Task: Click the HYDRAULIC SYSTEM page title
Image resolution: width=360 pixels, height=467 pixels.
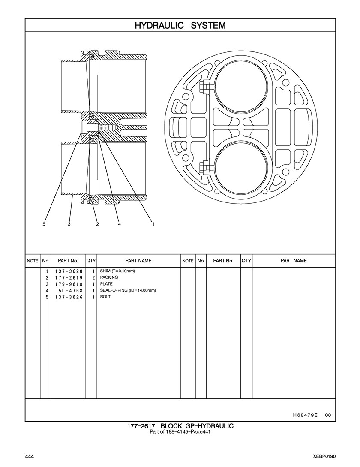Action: tap(180, 25)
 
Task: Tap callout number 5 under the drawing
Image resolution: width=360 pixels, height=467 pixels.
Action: tap(44, 224)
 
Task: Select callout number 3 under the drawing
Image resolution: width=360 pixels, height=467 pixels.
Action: tap(69, 224)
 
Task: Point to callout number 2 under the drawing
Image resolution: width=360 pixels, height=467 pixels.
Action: tap(97, 224)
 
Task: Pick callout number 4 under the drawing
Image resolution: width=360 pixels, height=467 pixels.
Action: tap(120, 224)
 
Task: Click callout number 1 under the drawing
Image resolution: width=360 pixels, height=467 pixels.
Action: tap(153, 224)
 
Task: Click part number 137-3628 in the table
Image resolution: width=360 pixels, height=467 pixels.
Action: tap(69, 271)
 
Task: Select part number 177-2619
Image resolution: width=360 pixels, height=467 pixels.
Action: tap(69, 278)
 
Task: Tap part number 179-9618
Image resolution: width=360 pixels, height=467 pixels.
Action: tap(69, 284)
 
